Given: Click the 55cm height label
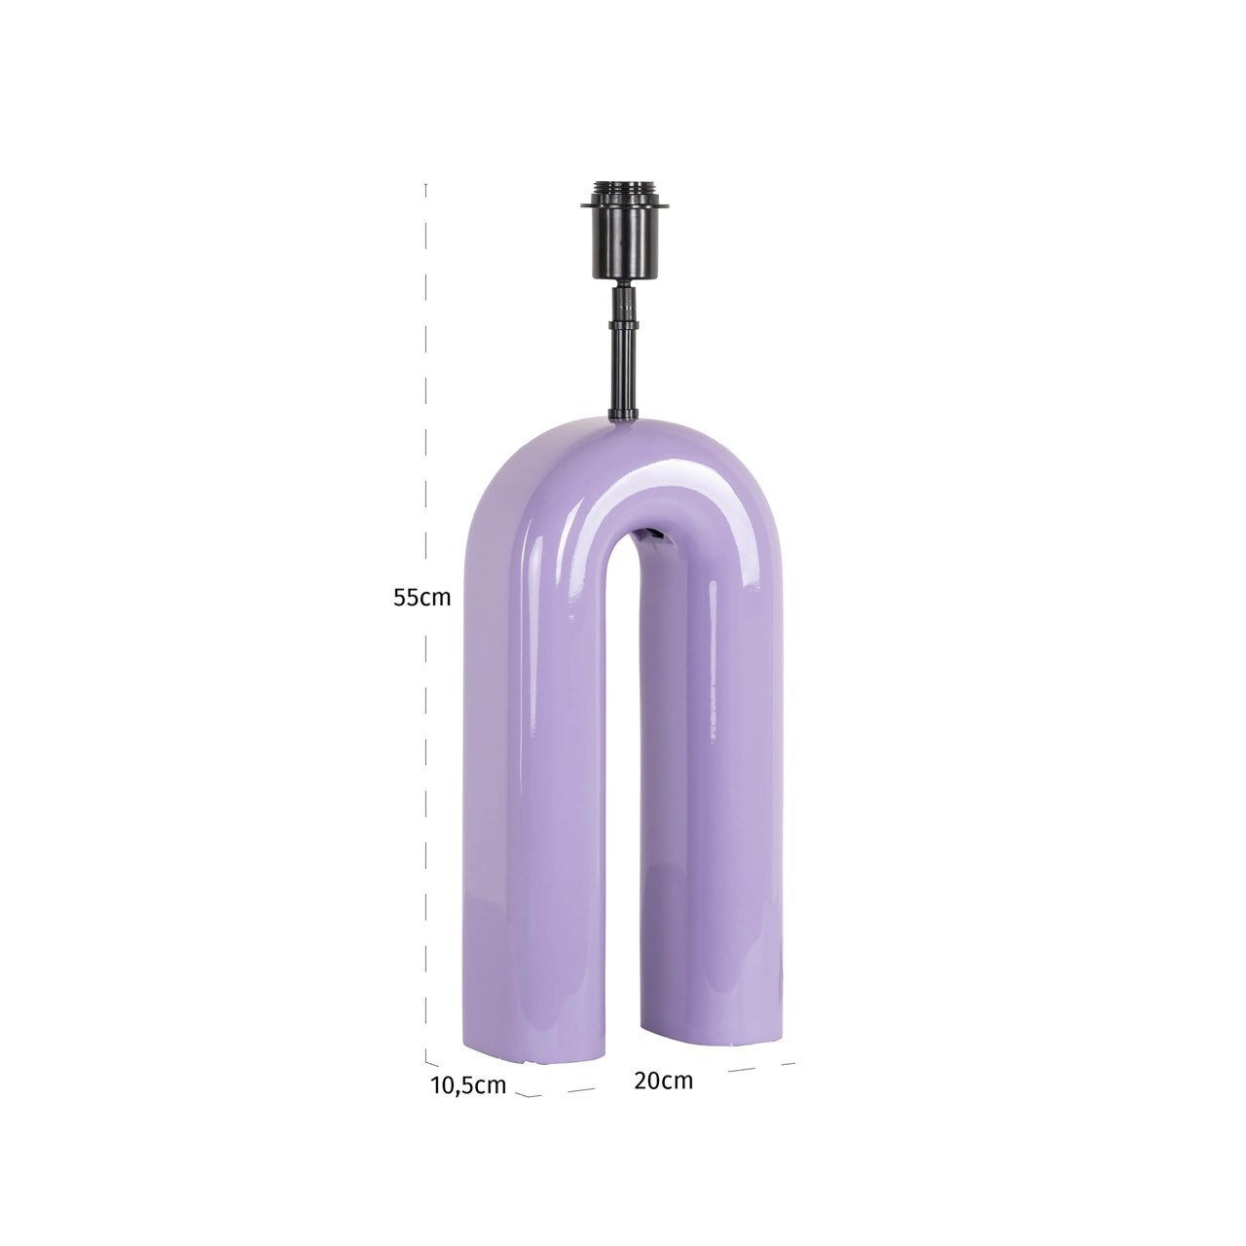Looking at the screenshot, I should click(422, 598).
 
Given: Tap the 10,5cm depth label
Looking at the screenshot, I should click(468, 1085).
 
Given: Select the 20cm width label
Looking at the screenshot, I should click(663, 1081).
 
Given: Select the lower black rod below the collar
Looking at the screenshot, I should click(621, 375).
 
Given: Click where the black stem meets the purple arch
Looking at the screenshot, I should click(621, 418).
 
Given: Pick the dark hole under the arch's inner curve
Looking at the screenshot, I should click(650, 534).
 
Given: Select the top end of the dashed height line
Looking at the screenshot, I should click(426, 185).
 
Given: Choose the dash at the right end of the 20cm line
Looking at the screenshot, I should click(788, 1063).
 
